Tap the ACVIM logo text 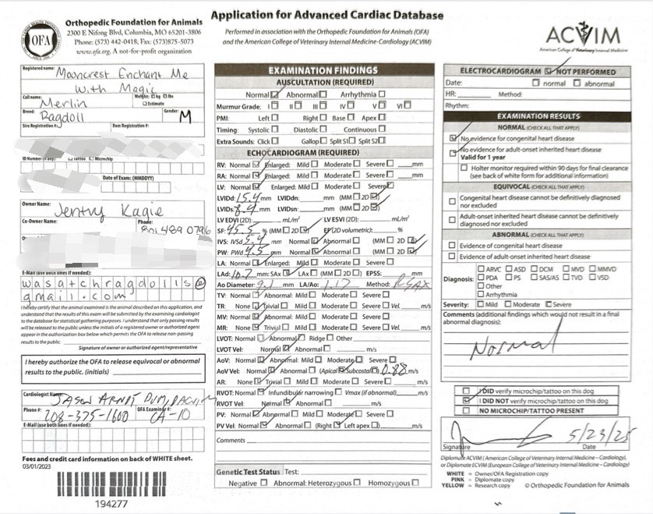pos(583,35)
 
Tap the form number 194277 pos(112,504)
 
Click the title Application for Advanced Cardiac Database pos(327,15)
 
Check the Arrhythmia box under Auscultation pos(381,94)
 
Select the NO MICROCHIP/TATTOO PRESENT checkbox pos(466,410)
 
